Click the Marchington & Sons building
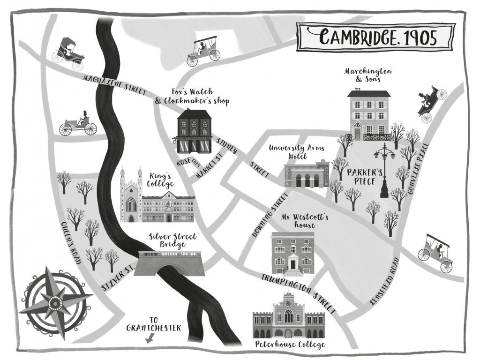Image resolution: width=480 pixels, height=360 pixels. click(x=369, y=115)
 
